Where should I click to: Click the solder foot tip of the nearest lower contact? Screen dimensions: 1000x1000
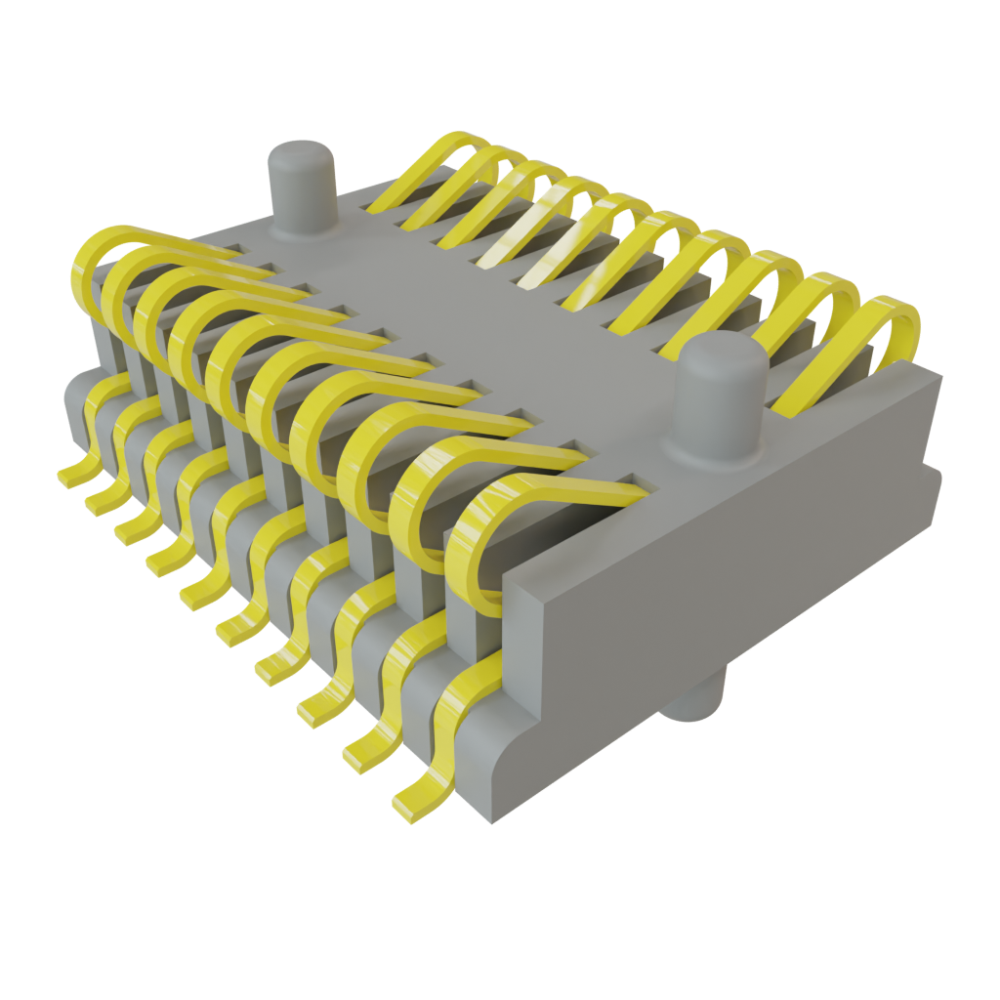coord(410,807)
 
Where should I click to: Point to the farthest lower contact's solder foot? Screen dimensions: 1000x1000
coord(72,477)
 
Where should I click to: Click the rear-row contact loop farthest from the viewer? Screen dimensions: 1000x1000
coord(439,156)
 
